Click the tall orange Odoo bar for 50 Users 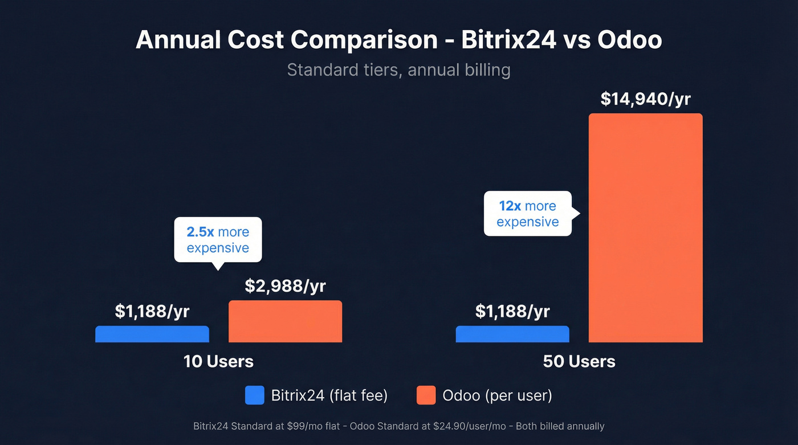[x=645, y=228]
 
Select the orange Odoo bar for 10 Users [x=285, y=321]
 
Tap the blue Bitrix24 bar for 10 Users [x=152, y=334]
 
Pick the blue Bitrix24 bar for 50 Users [x=512, y=334]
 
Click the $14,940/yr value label [x=645, y=99]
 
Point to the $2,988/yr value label [x=285, y=286]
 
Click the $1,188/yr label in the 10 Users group [x=152, y=311]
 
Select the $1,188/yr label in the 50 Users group [x=512, y=311]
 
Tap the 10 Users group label [x=218, y=361]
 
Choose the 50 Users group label [x=579, y=361]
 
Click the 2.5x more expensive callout [x=218, y=240]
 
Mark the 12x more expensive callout [x=527, y=214]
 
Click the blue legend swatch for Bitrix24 [x=255, y=395]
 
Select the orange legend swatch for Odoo [x=426, y=395]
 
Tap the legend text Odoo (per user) [x=497, y=395]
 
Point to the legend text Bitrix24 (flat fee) [x=329, y=395]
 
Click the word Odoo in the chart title [x=629, y=40]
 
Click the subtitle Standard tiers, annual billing [x=398, y=70]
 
